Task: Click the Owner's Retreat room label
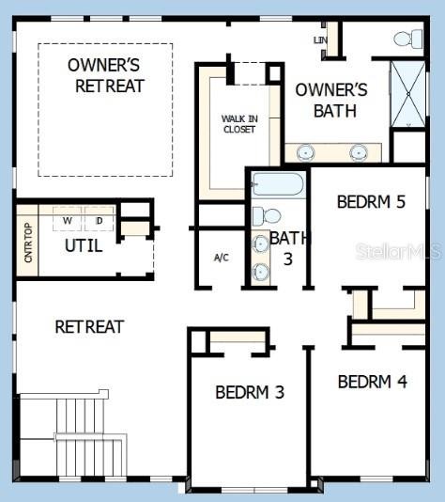(x=105, y=75)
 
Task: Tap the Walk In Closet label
(x=239, y=124)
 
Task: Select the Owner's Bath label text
(x=331, y=101)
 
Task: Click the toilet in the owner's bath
(x=407, y=39)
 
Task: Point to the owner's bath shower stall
(x=408, y=94)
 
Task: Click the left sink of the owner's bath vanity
(x=306, y=152)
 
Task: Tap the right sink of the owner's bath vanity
(x=359, y=152)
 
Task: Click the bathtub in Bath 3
(x=278, y=184)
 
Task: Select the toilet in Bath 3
(x=267, y=216)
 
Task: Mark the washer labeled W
(x=68, y=219)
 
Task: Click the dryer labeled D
(x=100, y=219)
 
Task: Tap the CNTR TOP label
(x=28, y=243)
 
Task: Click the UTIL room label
(x=84, y=246)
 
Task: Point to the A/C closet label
(x=222, y=258)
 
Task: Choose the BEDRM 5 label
(x=371, y=202)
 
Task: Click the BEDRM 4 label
(x=373, y=382)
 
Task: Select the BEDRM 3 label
(x=250, y=392)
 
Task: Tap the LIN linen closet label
(x=320, y=40)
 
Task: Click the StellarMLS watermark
(x=399, y=251)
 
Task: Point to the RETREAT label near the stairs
(x=89, y=326)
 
